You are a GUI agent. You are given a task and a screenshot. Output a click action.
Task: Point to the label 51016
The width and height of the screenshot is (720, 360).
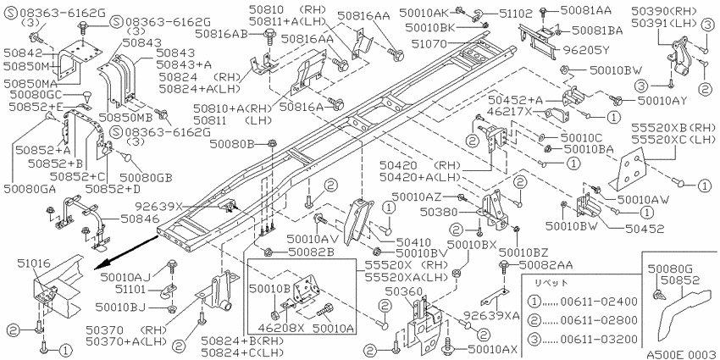(x=36, y=263)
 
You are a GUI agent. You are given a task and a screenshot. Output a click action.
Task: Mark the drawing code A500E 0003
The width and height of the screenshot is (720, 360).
(x=681, y=354)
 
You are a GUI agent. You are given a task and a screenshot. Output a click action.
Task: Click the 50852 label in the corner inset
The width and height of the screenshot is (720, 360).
(x=680, y=280)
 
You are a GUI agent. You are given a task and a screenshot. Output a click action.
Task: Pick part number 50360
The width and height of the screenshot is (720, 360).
(x=403, y=291)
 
